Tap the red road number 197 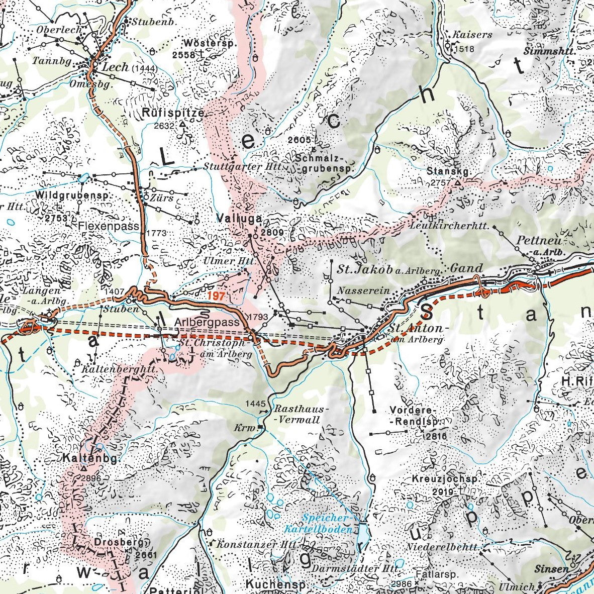tap(215, 296)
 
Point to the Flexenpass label tap(109, 227)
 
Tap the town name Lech tap(115, 67)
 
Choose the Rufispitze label tap(173, 113)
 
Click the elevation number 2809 tap(275, 233)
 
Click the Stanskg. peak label tap(449, 171)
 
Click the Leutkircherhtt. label tap(449, 227)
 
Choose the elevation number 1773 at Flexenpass tap(157, 233)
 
